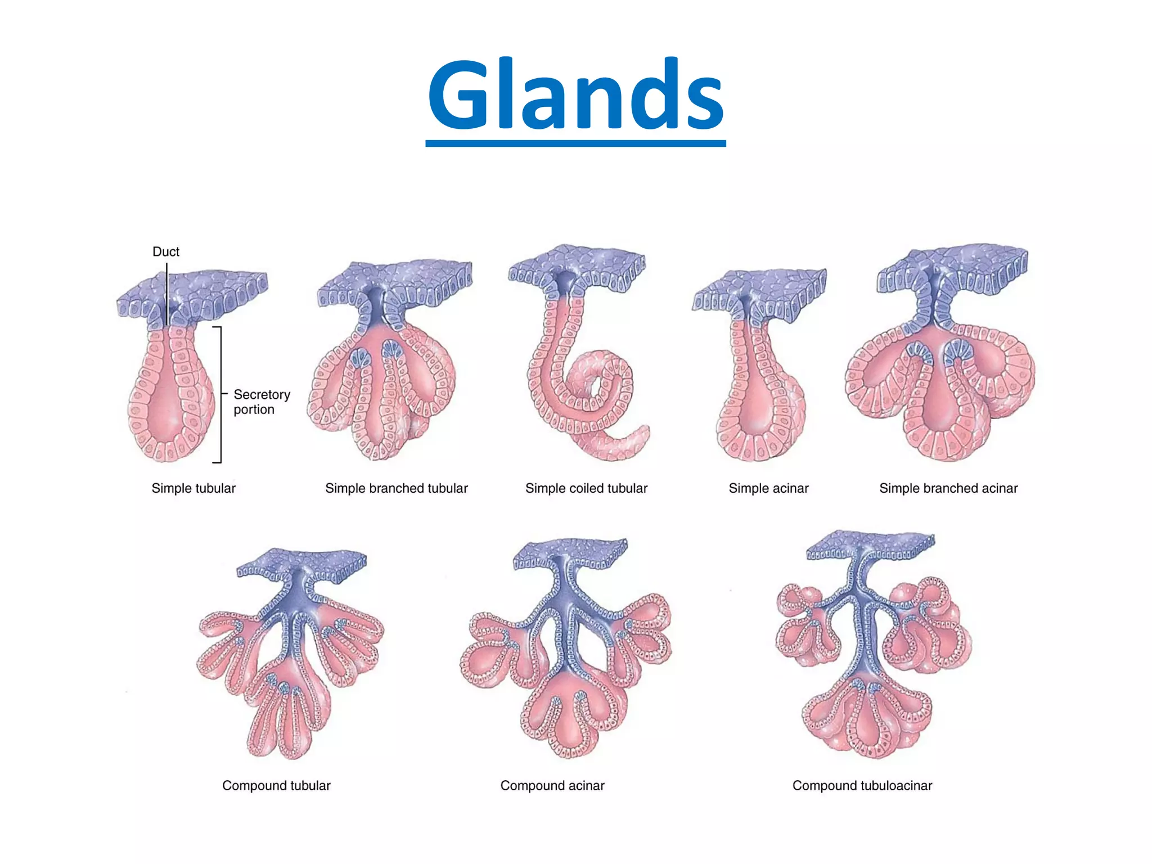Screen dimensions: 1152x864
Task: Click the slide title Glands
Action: (575, 94)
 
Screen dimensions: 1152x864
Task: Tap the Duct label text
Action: (166, 251)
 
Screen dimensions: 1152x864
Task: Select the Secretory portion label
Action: (262, 402)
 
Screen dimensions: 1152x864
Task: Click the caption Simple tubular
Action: (193, 488)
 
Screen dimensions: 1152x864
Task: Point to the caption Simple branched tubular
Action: (397, 488)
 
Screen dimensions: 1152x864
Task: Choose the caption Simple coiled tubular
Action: (586, 488)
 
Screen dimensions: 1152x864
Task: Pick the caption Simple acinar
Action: (768, 488)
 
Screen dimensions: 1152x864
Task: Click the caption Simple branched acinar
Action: (948, 488)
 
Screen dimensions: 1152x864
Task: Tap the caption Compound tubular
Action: (276, 785)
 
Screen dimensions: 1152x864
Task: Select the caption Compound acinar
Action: (552, 785)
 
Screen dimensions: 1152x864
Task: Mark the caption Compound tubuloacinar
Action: (862, 785)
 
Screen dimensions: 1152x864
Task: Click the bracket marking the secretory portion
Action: (220, 394)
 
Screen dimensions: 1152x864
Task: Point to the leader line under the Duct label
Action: (167, 292)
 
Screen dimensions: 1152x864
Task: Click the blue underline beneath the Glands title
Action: (575, 144)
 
